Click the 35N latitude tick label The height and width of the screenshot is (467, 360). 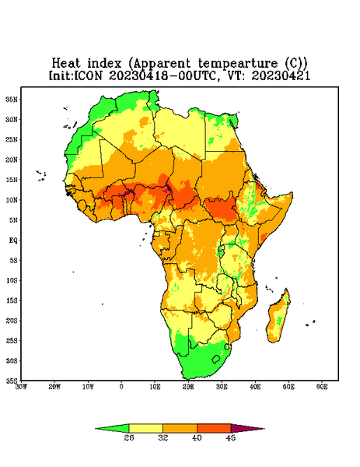(12, 100)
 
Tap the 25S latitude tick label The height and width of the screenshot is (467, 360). (12, 340)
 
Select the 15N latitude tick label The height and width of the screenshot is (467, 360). (12, 180)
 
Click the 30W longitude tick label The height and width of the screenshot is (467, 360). (21, 387)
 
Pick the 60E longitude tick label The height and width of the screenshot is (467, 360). (322, 387)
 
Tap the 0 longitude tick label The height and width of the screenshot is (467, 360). (121, 387)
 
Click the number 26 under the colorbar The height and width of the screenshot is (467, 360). (129, 437)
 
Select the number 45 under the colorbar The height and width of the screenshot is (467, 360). (231, 437)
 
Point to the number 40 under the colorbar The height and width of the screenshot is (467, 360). (197, 437)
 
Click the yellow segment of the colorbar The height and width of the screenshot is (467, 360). (145, 428)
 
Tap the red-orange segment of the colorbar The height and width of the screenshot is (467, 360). (214, 428)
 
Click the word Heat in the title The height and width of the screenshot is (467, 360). (66, 63)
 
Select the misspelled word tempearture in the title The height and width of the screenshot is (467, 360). (237, 64)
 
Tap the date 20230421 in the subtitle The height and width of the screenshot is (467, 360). (281, 75)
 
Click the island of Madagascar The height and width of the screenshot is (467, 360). (278, 318)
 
